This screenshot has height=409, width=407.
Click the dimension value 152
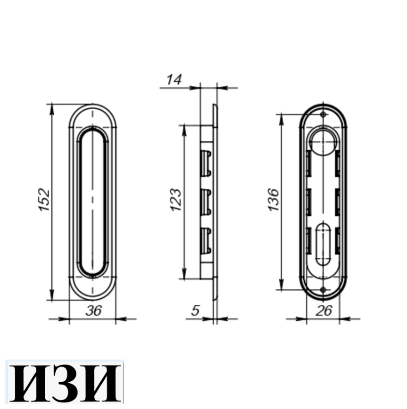point(44,200)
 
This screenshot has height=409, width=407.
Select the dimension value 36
point(93,311)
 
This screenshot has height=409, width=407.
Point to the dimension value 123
point(175,200)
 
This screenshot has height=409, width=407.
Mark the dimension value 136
point(274,200)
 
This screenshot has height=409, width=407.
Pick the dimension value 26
point(324,311)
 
